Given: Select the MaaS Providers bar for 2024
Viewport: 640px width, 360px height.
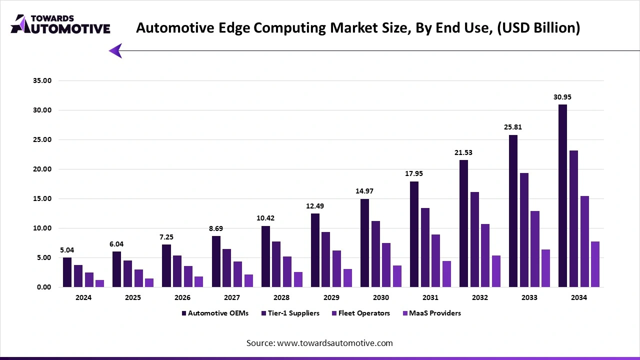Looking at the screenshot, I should click(99, 283).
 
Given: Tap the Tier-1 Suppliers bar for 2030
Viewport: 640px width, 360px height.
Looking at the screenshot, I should click(375, 254).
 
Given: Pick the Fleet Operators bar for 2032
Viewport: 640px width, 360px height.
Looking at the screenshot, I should click(485, 255).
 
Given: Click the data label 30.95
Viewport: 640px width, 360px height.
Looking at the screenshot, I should click(562, 97).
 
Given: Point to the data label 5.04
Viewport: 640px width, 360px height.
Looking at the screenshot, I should click(67, 250).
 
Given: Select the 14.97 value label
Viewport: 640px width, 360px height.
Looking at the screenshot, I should click(364, 191).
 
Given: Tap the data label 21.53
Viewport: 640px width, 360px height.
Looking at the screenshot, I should click(463, 152).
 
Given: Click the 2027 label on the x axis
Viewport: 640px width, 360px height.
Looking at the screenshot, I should click(232, 297).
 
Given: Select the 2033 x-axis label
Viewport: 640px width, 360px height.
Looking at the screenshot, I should click(529, 297).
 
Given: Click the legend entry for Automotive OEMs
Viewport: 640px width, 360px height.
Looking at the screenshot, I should click(215, 313).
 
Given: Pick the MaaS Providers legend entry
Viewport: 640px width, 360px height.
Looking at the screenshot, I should click(431, 313).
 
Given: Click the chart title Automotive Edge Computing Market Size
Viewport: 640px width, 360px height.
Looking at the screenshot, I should click(358, 27).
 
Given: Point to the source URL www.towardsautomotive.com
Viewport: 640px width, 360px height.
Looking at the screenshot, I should click(334, 343).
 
